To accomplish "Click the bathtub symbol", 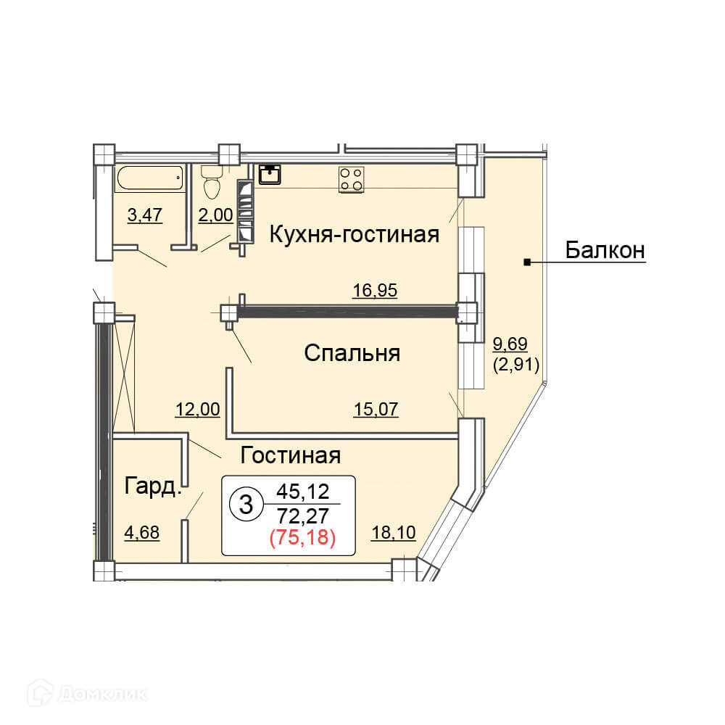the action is pyautogui.click(x=149, y=179).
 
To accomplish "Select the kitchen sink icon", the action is pyautogui.click(x=270, y=175).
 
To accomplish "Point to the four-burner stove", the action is pyautogui.click(x=351, y=179).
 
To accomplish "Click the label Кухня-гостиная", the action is pyautogui.click(x=355, y=234).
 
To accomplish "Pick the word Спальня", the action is pyautogui.click(x=352, y=353).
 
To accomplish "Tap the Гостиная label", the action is pyautogui.click(x=291, y=455).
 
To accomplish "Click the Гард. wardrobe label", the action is pyautogui.click(x=152, y=486).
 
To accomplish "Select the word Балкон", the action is pyautogui.click(x=605, y=251).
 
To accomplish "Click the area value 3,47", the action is pyautogui.click(x=144, y=215).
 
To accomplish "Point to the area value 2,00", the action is pyautogui.click(x=215, y=215).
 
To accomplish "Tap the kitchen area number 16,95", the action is pyautogui.click(x=375, y=291).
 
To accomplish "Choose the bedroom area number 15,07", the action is pyautogui.click(x=376, y=409).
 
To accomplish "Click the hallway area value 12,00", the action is pyautogui.click(x=197, y=409).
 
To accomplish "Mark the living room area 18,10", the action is pyautogui.click(x=393, y=533).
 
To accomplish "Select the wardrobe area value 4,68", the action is pyautogui.click(x=142, y=533).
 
